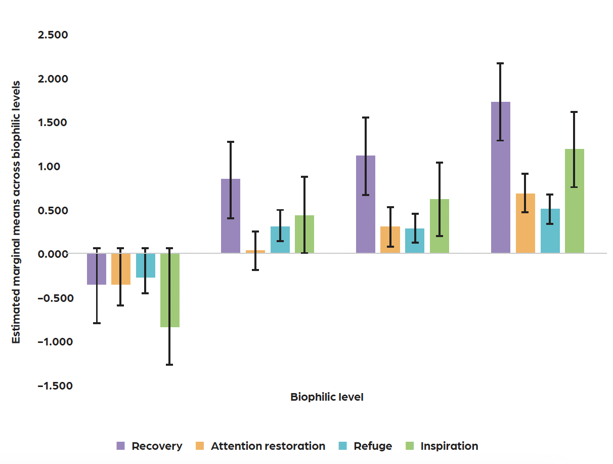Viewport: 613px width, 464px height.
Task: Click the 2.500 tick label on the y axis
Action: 53,35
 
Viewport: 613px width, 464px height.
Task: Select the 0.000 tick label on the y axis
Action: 53,254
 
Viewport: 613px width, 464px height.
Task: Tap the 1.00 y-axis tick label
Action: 57,166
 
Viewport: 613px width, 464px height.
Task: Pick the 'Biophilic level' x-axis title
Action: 327,397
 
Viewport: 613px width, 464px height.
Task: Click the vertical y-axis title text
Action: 16,212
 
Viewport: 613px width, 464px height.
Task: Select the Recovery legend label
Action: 157,446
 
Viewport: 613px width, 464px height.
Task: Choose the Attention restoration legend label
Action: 268,446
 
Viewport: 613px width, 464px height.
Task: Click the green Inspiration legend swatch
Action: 410,446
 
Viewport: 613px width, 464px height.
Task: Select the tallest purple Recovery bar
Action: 500,177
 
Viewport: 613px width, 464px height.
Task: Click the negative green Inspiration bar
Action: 170,290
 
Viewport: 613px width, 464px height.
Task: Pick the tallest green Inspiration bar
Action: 574,201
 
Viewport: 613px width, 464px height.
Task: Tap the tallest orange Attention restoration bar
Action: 525,223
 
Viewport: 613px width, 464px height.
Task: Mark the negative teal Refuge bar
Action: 145,265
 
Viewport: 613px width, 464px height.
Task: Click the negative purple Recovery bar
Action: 96,269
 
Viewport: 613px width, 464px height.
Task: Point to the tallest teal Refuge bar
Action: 550,231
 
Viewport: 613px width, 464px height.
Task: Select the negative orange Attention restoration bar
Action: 121,269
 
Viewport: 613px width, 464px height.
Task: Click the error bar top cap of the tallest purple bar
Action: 500,63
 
